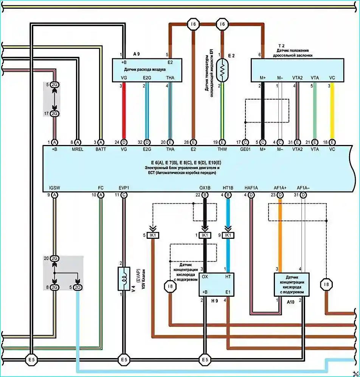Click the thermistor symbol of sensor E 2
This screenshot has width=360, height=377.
(x=222, y=70)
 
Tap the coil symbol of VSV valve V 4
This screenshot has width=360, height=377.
(x=124, y=279)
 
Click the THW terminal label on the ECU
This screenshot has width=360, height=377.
(x=222, y=149)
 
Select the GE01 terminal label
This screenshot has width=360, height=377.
(x=245, y=149)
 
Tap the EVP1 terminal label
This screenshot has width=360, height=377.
(x=124, y=188)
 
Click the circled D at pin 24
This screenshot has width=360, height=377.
(x=124, y=142)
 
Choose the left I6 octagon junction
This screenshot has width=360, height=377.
(x=193, y=24)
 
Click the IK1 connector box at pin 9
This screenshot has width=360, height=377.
(x=228, y=235)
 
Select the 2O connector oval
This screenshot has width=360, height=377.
(x=78, y=287)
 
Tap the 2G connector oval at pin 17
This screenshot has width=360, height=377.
(x=55, y=114)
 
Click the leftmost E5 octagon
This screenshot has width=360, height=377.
(x=31, y=360)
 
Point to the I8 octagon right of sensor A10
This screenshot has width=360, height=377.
(x=326, y=284)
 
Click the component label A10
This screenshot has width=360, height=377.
(x=290, y=302)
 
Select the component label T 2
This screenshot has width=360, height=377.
(x=281, y=46)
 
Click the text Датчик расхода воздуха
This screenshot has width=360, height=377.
(x=145, y=70)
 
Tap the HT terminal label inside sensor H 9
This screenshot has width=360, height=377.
(x=228, y=277)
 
